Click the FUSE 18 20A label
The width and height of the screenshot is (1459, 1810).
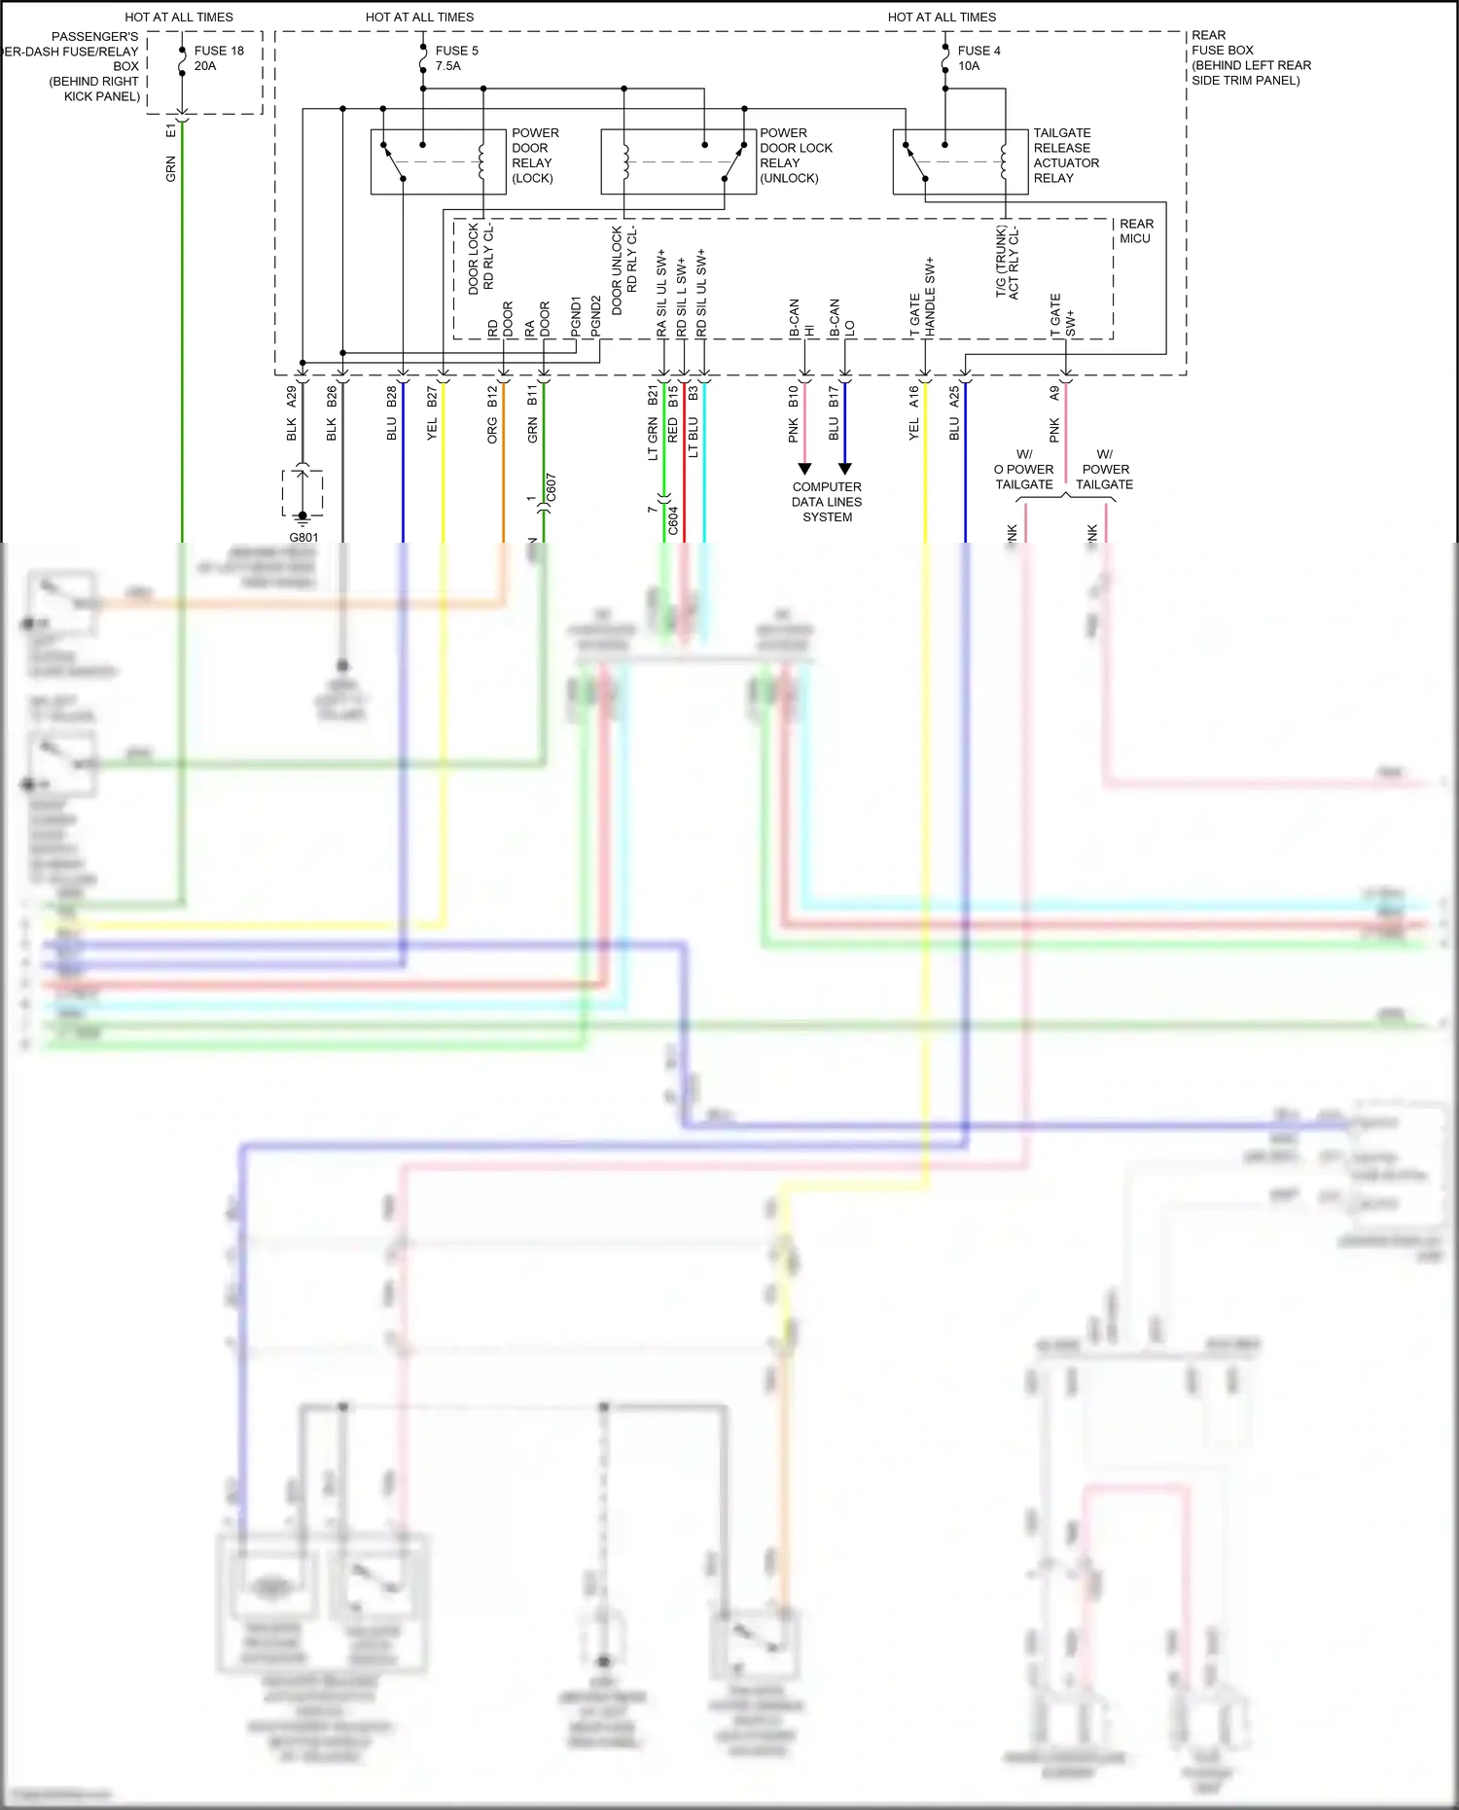[x=218, y=58]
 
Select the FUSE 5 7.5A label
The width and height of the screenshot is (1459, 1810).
[x=455, y=58]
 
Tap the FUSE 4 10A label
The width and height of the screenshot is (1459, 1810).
[x=978, y=58]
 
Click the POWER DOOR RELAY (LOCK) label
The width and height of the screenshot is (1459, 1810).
[x=535, y=156]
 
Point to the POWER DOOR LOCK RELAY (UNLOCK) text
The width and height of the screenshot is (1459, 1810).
[x=796, y=156]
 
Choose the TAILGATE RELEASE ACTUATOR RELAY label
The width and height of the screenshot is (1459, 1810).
[x=1065, y=156]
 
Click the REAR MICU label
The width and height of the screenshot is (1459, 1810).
[x=1135, y=231]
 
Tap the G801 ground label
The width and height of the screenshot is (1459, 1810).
[x=303, y=537]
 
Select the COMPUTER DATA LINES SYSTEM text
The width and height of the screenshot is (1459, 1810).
[x=827, y=502]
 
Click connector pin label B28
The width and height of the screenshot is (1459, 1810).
[x=392, y=396]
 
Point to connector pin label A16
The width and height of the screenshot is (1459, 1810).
[x=914, y=396]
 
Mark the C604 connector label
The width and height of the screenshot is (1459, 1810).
[x=673, y=520]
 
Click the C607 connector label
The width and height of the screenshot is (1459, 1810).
[x=552, y=488]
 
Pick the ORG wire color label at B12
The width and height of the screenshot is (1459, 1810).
[x=492, y=431]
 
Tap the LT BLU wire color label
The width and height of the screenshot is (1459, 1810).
[x=694, y=438]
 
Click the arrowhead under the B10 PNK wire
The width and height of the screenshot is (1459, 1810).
[x=804, y=469]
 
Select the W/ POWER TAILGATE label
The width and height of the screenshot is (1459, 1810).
[x=1104, y=469]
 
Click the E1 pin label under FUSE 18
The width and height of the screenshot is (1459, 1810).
[x=171, y=129]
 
